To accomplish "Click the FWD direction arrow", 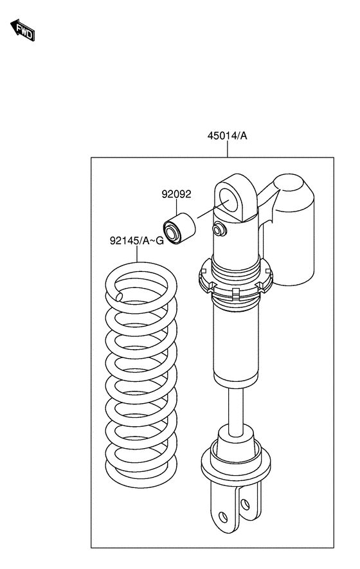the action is pos(22,30).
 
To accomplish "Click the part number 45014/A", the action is pos(227,136).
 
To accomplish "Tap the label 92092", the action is pos(176,195).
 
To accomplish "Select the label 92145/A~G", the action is pos(137,240).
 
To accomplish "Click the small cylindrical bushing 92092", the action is pos(179,229).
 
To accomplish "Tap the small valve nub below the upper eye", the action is pos(219,230).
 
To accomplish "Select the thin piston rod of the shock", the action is pos(235,410).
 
